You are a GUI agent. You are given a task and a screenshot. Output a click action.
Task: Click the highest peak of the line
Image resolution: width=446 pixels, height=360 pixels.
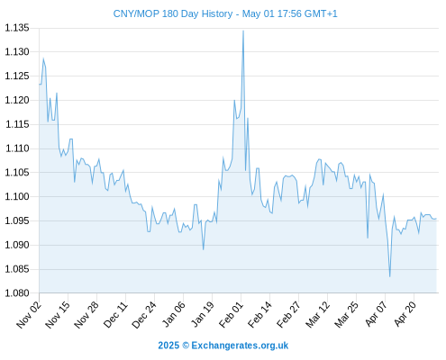(x=243, y=31)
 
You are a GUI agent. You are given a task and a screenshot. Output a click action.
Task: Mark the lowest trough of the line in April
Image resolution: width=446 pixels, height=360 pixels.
(x=390, y=276)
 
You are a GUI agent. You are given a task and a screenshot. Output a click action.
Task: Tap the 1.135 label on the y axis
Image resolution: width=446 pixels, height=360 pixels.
(x=17, y=28)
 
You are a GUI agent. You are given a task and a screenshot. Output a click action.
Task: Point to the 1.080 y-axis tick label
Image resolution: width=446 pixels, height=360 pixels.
(x=17, y=293)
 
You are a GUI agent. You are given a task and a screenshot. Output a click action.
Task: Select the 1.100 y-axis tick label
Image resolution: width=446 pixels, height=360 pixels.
(x=17, y=196)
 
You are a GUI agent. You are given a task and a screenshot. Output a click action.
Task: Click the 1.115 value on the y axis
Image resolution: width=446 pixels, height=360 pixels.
(x=17, y=124)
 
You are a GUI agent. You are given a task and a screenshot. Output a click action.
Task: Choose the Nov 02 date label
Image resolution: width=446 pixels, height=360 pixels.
(x=28, y=315)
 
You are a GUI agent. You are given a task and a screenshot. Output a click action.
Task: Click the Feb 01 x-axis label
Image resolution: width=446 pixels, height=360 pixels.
(x=231, y=315)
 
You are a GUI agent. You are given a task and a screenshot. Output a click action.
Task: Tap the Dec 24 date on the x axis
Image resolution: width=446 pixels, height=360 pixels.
(x=144, y=315)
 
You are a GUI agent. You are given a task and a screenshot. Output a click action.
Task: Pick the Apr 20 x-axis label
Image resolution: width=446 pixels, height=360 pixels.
(x=405, y=314)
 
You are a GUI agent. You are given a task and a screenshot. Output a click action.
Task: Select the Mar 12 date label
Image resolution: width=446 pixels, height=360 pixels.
(x=318, y=315)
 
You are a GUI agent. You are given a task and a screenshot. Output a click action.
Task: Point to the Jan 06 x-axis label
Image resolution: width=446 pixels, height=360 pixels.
(x=174, y=314)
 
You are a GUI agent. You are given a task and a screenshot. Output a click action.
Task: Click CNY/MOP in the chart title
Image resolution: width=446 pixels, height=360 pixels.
(x=136, y=13)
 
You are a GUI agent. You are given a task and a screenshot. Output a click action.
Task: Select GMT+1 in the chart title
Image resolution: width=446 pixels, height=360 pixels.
(x=321, y=13)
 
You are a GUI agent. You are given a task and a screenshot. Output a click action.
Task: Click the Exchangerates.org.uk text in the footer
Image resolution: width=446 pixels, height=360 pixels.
(x=240, y=346)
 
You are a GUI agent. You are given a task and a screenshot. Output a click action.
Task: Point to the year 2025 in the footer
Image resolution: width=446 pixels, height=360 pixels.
(x=168, y=346)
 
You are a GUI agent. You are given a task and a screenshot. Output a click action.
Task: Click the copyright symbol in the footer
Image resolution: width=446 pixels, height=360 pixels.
(x=186, y=346)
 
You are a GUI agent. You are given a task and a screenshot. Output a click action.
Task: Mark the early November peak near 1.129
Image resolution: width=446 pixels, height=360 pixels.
(x=43, y=58)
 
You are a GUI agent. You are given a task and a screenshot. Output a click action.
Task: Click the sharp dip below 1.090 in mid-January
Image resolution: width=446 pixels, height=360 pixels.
(x=204, y=249)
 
